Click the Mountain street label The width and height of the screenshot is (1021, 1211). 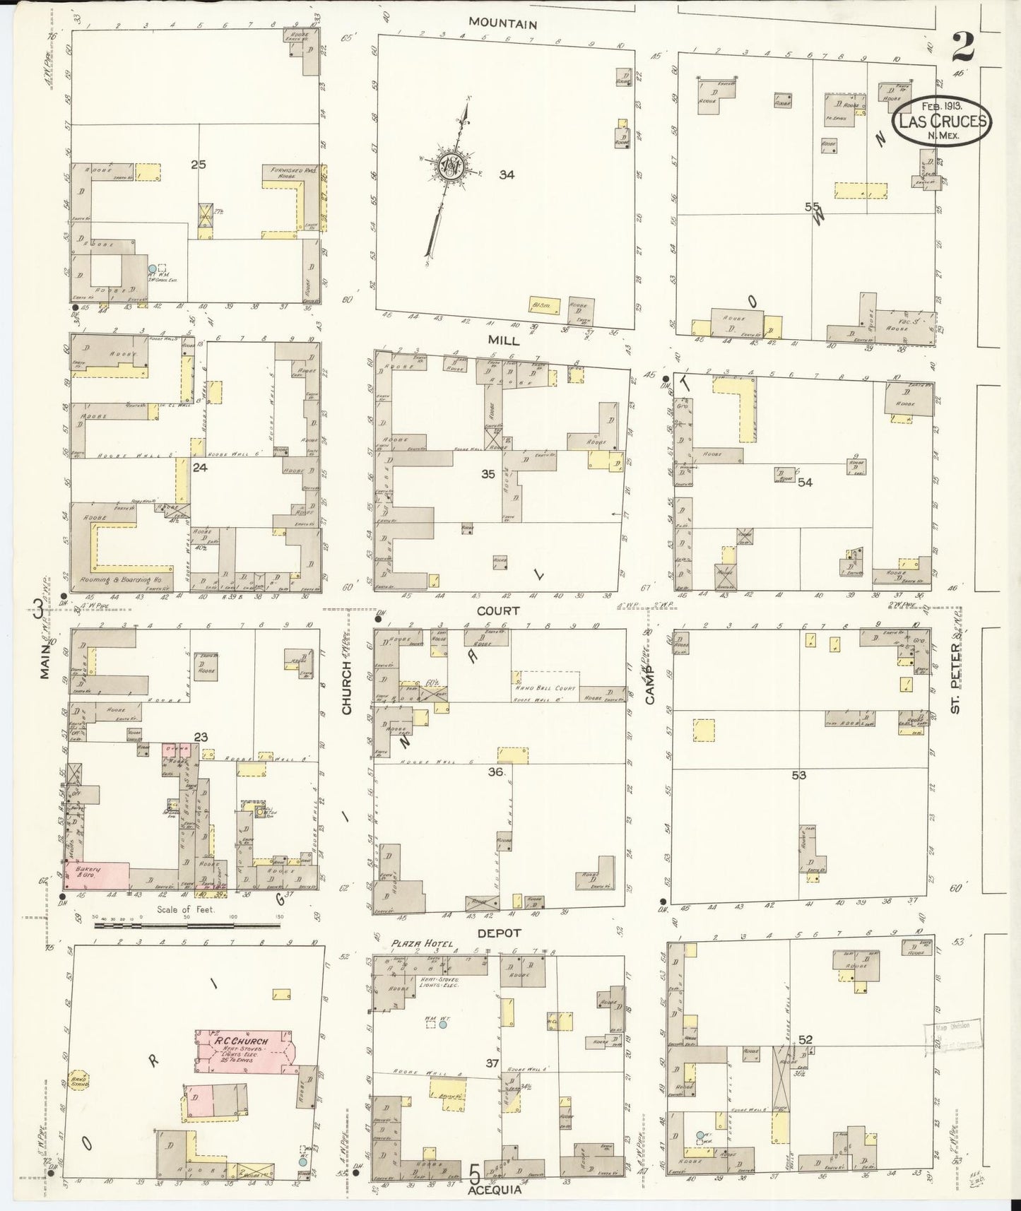[x=503, y=24]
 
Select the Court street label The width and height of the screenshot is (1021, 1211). [x=497, y=610]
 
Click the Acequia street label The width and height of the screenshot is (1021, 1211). [x=493, y=1190]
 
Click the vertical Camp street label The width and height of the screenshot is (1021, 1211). [x=650, y=684]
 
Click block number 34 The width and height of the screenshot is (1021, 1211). [x=506, y=175]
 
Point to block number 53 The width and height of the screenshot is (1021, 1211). [x=798, y=775]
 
